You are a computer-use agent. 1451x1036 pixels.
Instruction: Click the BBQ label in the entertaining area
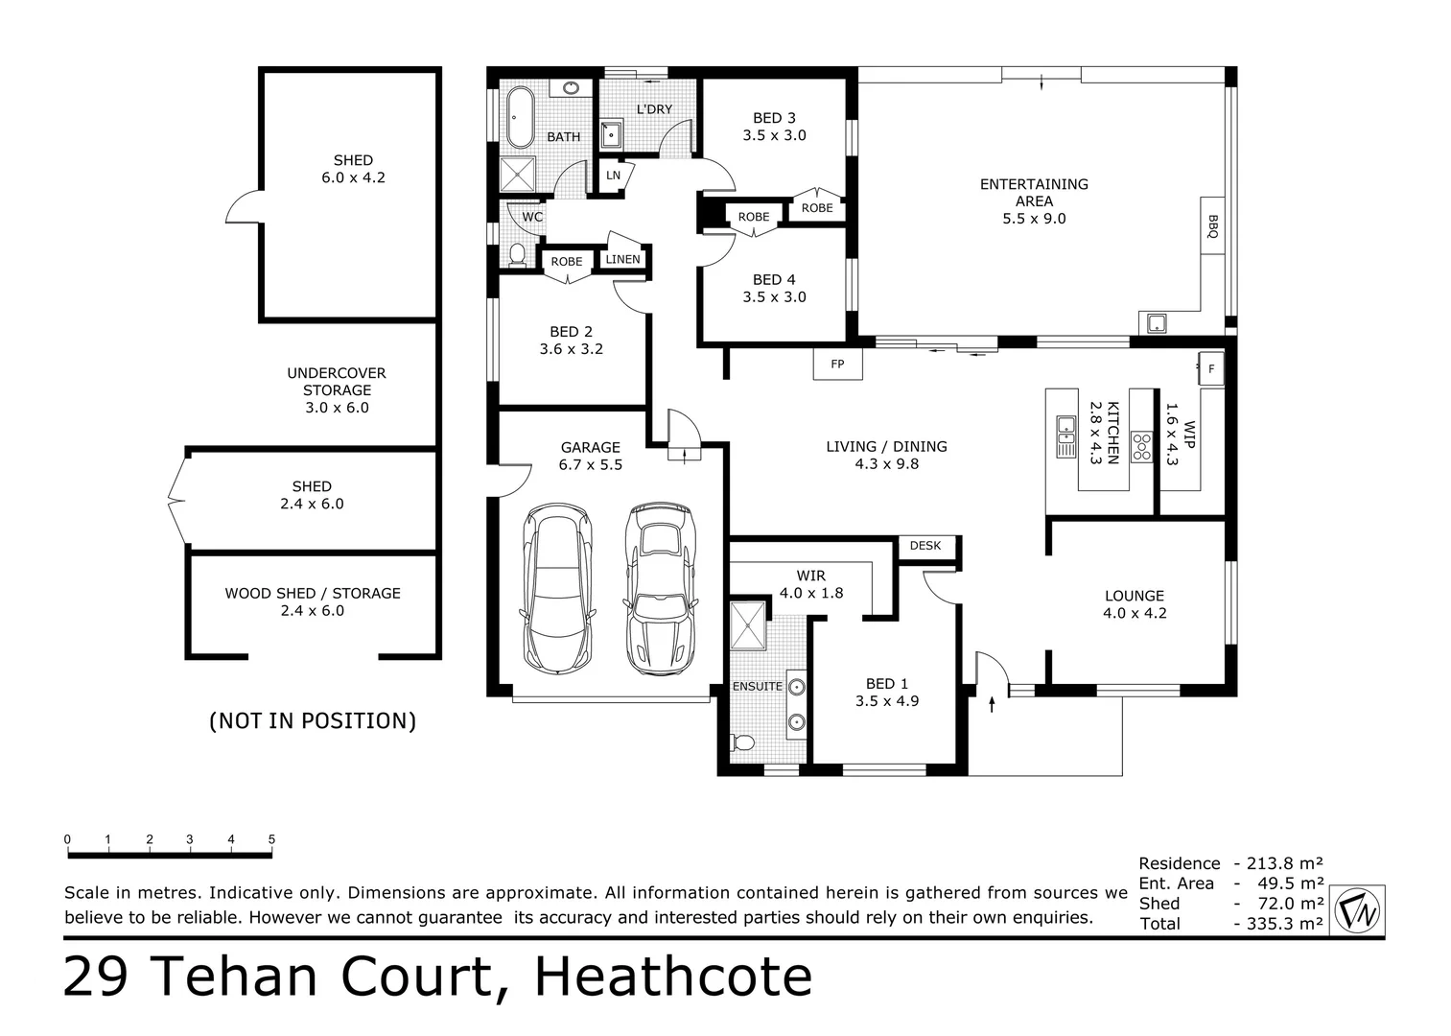[1212, 225]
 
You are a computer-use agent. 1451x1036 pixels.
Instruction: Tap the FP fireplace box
[837, 365]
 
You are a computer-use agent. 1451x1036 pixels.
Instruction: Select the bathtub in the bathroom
[520, 118]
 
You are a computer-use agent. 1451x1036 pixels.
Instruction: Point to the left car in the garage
[556, 590]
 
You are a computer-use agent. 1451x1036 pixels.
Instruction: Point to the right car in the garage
[660, 588]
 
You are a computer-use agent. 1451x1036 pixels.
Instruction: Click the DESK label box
[925, 546]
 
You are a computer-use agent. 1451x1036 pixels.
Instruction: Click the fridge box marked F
[1210, 368]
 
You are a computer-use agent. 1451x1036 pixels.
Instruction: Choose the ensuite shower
[748, 626]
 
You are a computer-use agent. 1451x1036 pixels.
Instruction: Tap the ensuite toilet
[742, 742]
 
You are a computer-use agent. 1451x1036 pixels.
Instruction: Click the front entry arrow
[992, 706]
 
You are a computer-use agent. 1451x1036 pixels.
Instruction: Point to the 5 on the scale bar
[271, 839]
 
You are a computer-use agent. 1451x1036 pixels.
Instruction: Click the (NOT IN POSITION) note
[313, 720]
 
